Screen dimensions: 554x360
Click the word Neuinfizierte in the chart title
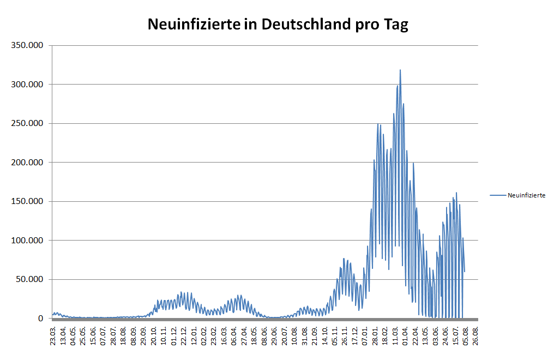(x=194, y=25)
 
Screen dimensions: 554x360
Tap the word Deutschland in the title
(x=306, y=25)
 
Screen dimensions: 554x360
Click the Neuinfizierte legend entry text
(x=526, y=195)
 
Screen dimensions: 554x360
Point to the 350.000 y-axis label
(x=27, y=45)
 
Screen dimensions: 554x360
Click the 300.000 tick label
(x=27, y=85)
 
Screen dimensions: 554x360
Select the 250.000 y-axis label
(x=27, y=123)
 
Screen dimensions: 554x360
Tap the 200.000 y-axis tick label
(x=27, y=163)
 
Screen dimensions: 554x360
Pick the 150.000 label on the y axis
(x=27, y=201)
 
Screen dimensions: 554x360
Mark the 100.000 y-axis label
(x=27, y=241)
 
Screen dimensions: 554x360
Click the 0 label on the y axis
(x=41, y=319)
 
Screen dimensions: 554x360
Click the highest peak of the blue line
(x=400, y=70)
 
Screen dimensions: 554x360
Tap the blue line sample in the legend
(x=498, y=195)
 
